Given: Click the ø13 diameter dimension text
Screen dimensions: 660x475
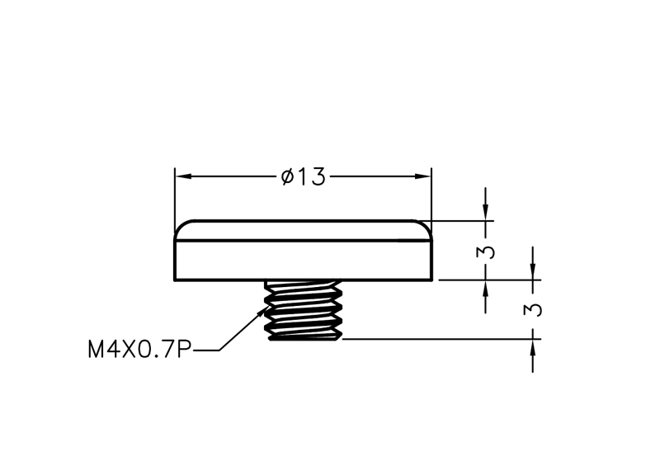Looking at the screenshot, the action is coord(303,176).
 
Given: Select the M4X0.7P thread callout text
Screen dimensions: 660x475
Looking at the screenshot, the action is coord(139,349).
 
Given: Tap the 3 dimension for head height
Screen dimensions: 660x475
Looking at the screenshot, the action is coord(486,252).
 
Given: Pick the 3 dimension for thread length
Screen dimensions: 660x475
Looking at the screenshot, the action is coord(533,310).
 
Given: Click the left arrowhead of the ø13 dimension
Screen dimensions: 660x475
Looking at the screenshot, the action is coord(184,176).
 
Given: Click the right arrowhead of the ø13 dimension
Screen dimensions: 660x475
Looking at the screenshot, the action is coord(422,176).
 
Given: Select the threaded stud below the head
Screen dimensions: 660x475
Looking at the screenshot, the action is coord(303,310).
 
